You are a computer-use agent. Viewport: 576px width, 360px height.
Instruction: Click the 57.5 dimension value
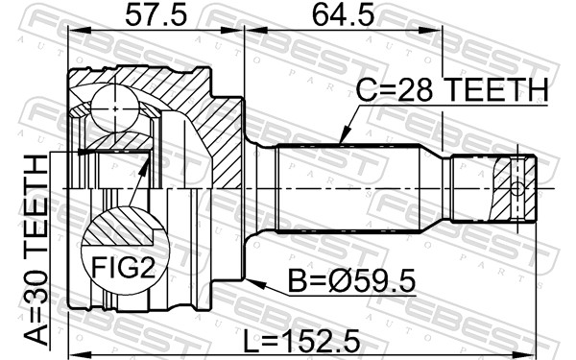156,15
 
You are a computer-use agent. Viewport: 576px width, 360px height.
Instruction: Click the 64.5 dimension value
343,15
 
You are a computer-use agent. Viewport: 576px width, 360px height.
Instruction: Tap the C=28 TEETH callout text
452,90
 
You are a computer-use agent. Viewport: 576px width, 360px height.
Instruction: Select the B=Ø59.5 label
351,280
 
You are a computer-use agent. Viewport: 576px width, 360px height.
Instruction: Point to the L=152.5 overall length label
302,340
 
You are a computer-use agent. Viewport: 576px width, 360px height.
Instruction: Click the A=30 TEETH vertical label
36,251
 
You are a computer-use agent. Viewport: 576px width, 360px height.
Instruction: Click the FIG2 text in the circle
123,267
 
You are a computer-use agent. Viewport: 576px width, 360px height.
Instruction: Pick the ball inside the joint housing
115,108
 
